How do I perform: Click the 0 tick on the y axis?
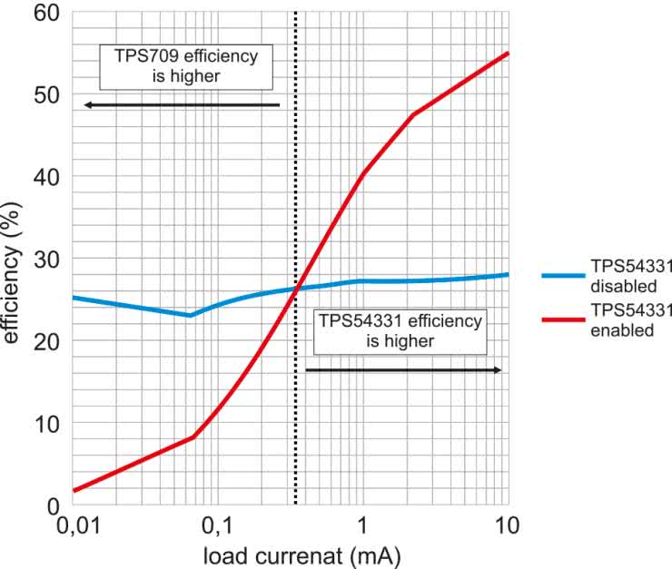pos(53,505)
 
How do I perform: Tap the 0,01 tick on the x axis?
pos(73,525)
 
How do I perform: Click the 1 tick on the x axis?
pos(362,525)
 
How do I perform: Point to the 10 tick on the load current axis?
pos(506,525)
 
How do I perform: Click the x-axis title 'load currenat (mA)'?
pos(289,552)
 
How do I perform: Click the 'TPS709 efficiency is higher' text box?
pos(185,66)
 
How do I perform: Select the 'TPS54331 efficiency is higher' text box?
pos(400,330)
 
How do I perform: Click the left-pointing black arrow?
pos(182,105)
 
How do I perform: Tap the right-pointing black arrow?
pos(403,370)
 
